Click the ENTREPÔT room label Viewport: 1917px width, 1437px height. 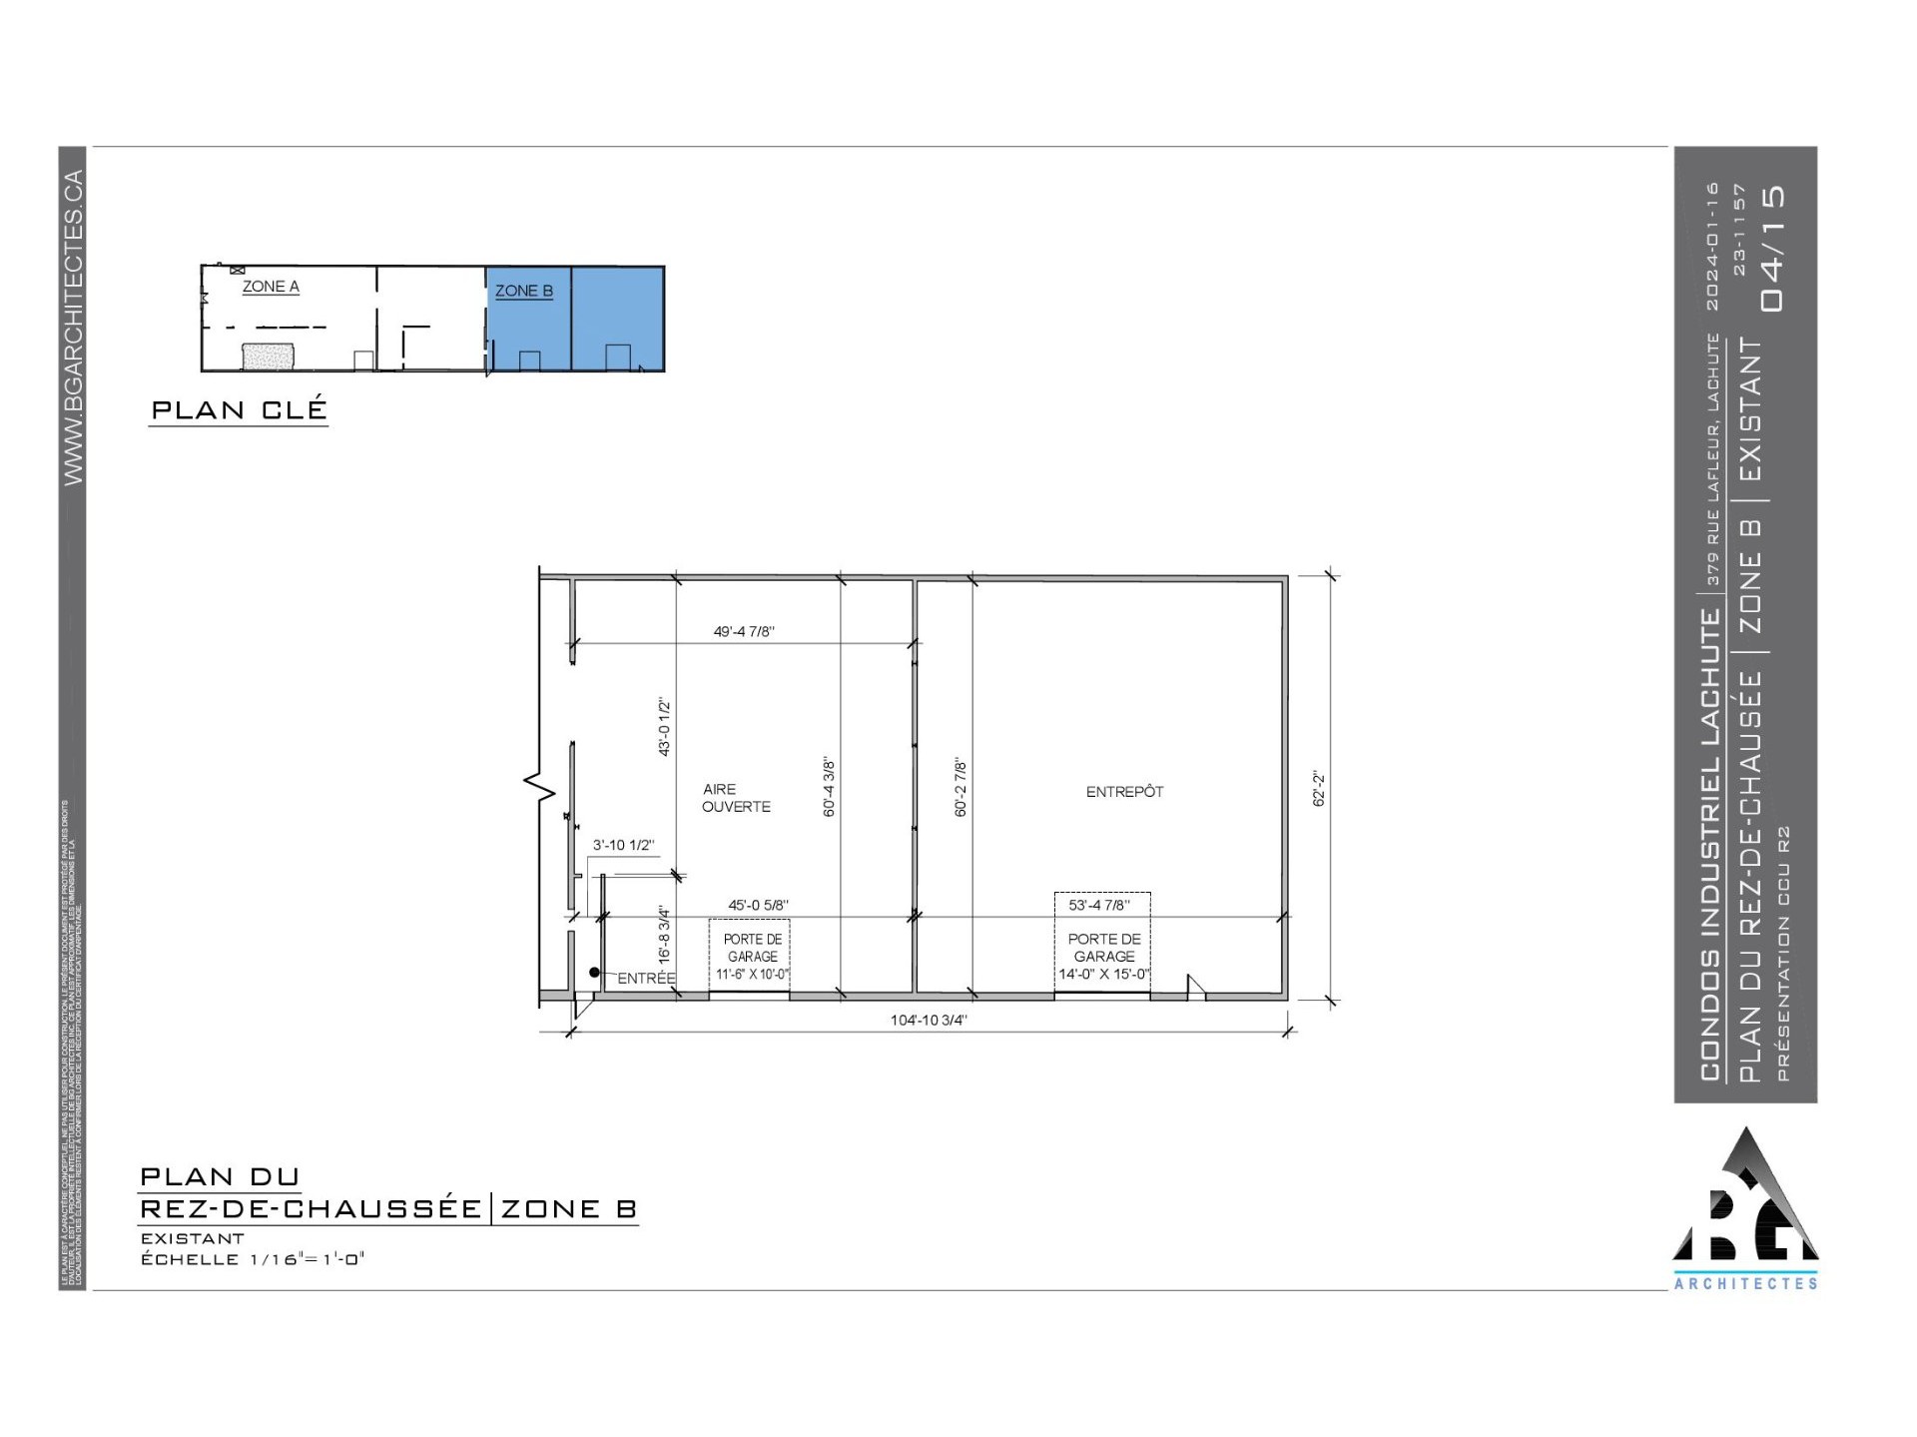tap(1124, 792)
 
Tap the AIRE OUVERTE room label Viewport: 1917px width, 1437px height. tap(736, 798)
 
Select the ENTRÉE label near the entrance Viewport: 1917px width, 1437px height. tap(646, 979)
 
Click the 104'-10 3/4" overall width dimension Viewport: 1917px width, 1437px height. tap(929, 1020)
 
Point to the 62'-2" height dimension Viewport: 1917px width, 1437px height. tap(1319, 788)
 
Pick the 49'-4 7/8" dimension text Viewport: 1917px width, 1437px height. tap(744, 631)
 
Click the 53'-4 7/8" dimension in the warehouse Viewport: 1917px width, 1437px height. tap(1099, 905)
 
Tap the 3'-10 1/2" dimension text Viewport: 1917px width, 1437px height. tap(623, 845)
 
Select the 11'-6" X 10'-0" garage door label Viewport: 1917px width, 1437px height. tap(752, 974)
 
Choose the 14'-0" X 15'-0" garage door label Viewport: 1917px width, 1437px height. tap(1104, 974)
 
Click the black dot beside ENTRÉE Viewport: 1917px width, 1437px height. tap(594, 972)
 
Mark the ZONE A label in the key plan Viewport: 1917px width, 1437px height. tap(271, 287)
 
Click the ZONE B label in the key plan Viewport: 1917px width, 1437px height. tap(524, 291)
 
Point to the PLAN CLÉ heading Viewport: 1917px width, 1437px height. tap(239, 409)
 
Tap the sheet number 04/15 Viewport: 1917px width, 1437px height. tap(1773, 248)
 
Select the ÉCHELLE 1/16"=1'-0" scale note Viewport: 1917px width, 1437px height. tap(253, 1259)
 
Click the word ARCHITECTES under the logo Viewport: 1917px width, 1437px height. tap(1745, 1284)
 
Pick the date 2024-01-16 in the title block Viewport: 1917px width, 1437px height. tap(1713, 246)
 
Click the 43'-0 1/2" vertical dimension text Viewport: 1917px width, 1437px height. tap(664, 728)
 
